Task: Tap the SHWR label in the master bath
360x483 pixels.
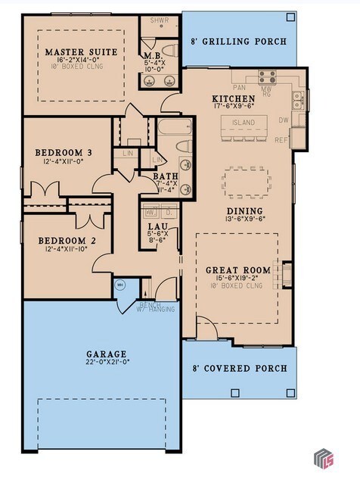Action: click(159, 22)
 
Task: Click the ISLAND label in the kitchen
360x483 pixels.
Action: click(243, 122)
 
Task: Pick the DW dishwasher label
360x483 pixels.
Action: click(283, 120)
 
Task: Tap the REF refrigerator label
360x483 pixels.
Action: click(281, 139)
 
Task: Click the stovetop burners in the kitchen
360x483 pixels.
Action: click(268, 76)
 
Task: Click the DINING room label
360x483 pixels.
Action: click(244, 211)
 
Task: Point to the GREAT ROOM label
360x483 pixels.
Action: click(237, 270)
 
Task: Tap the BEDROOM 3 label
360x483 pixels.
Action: click(64, 153)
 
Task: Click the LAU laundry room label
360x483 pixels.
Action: click(153, 226)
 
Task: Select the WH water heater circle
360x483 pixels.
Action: click(120, 285)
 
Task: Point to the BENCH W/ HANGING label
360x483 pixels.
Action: click(156, 306)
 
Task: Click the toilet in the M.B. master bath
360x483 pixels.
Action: click(169, 51)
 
